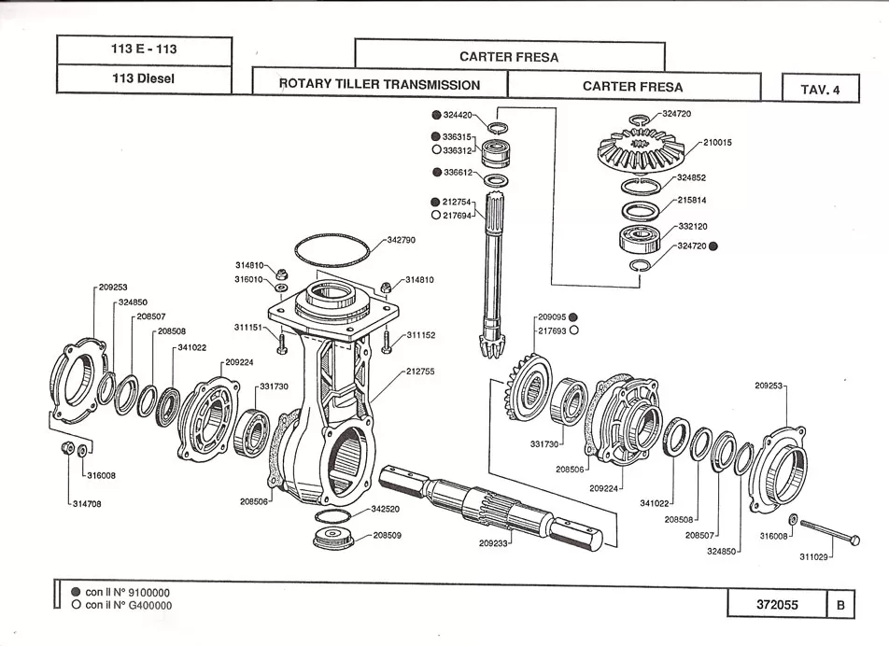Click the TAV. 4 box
821,89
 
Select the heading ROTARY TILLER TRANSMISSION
379,84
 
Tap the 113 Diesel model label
143,78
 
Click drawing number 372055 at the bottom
777,605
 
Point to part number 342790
402,240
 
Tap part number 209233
494,542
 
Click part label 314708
88,504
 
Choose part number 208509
388,536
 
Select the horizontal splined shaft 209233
489,504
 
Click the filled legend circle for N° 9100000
76,592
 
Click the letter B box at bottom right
840,605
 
